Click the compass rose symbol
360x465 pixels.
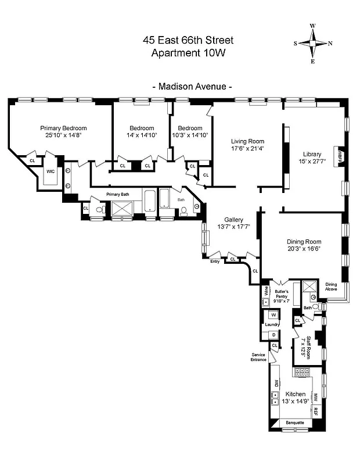coord(313,43)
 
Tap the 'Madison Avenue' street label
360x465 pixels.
coord(192,86)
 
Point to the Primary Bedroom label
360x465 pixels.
coord(63,128)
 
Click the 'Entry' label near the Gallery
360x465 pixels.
coord(215,262)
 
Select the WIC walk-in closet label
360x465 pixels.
coord(51,172)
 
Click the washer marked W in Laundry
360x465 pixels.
coord(272,315)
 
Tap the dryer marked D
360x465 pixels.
coord(272,335)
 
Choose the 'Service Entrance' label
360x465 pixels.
coord(258,357)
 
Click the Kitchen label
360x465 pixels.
coord(295,394)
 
